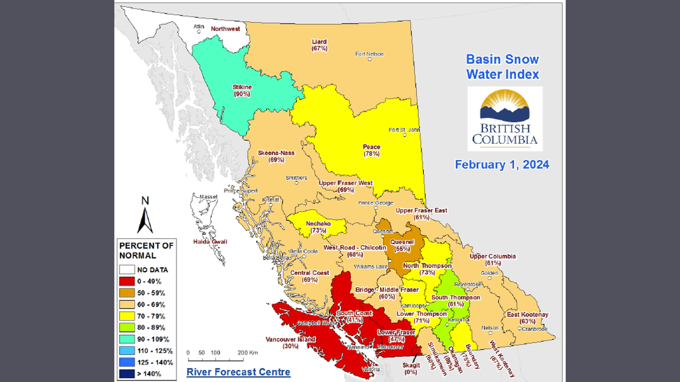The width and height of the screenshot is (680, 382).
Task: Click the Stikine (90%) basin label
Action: point(242,91)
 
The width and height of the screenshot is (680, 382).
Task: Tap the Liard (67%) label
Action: point(319,45)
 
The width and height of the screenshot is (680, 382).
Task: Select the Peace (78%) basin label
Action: point(372,150)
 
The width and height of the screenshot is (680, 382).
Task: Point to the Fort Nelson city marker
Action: point(369,59)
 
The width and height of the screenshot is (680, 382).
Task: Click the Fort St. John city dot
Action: point(405,135)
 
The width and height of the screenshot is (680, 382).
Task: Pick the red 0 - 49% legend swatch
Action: point(127,282)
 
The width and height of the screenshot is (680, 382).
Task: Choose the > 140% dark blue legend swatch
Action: point(127,374)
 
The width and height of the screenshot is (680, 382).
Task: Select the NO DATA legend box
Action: point(127,270)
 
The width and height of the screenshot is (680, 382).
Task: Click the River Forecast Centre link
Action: point(238,372)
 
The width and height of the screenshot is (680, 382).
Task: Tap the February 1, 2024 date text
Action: point(502,165)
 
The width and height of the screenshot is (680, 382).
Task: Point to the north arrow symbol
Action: point(145,219)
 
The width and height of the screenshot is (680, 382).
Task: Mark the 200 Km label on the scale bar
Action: point(248,353)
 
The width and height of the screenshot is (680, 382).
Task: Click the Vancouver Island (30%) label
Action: point(290,343)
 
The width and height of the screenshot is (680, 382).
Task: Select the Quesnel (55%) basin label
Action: point(402,245)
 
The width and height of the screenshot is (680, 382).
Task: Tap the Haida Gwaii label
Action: point(210,242)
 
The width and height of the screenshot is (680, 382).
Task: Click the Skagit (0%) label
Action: point(411,369)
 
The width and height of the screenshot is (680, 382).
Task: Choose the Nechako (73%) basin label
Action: point(318,227)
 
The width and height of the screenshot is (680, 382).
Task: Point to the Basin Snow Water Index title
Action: point(502,67)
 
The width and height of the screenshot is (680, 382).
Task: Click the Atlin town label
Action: point(199,27)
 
